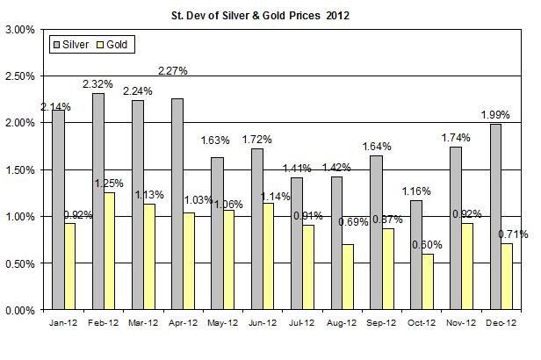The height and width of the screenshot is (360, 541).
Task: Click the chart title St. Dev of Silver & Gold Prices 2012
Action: coord(270,15)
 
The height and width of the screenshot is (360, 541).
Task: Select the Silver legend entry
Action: coord(80,42)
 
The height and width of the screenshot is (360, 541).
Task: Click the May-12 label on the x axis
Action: coord(220,322)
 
